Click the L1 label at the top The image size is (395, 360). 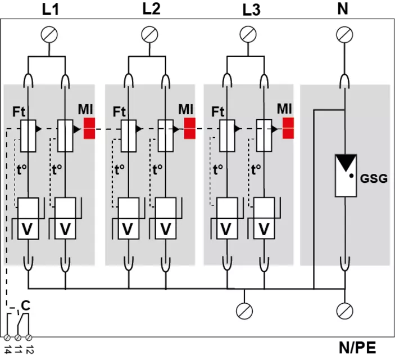point(51,10)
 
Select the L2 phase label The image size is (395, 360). point(151,9)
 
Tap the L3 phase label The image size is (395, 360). point(251,10)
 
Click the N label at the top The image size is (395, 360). point(343,9)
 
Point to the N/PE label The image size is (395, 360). point(357,348)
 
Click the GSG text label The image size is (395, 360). point(374,179)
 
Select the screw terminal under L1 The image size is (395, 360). point(49,34)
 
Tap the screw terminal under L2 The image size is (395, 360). point(149,34)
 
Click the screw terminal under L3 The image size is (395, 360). point(248,34)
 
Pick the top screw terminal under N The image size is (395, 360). point(344,34)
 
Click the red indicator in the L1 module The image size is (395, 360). point(89,128)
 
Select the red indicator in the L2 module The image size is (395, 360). point(190,128)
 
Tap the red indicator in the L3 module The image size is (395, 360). point(288,128)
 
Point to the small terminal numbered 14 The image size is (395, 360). point(7,337)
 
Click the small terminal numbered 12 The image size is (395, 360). point(29,337)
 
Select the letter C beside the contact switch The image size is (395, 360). point(25,305)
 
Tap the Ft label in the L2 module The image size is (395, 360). point(119,111)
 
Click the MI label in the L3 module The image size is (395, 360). point(284,109)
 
